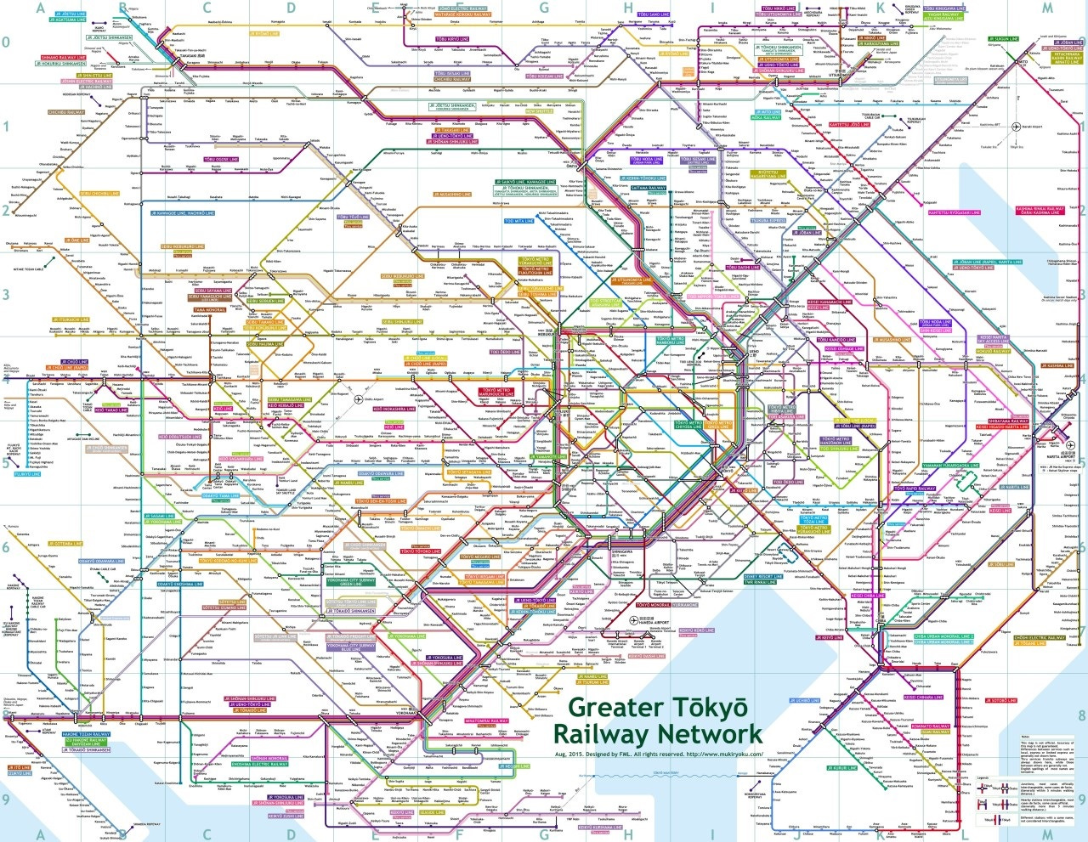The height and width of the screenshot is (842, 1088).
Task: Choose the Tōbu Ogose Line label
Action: coord(221,159)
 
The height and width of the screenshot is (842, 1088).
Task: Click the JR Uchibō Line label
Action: coord(804,700)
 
